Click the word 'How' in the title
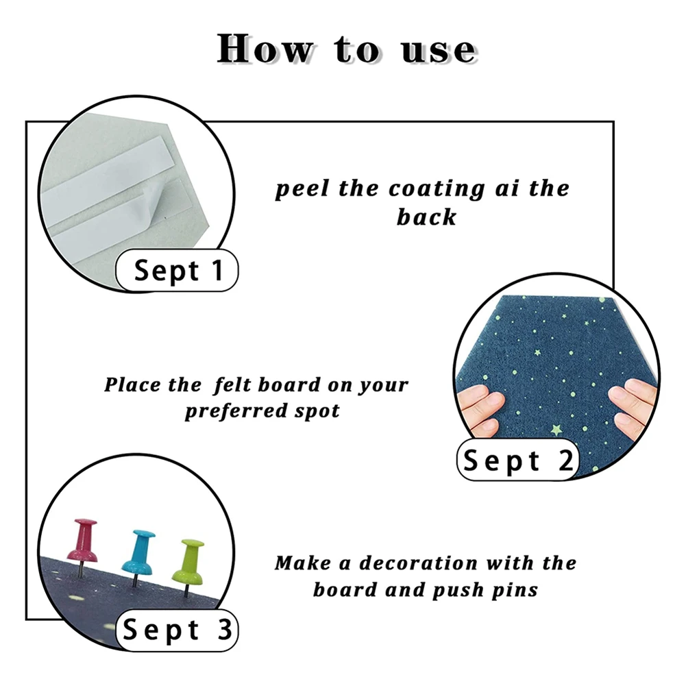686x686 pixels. point(265,49)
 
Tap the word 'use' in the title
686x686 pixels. point(439,51)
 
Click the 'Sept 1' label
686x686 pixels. point(177,271)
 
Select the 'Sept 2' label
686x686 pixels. point(517,460)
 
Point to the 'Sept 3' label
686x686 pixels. point(177,630)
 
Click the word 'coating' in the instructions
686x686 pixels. point(437,190)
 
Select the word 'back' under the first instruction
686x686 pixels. point(426,217)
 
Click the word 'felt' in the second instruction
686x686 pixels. point(233,385)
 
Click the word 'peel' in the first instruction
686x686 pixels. point(302,190)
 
